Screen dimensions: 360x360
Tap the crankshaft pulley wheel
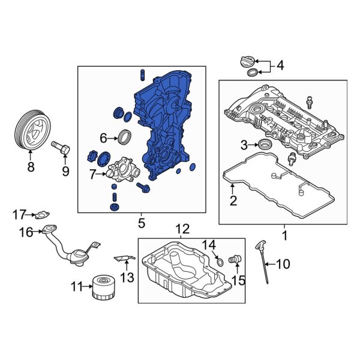33,131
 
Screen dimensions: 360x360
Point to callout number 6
103,138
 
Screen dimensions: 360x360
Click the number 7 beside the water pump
92,175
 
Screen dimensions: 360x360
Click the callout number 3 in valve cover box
244,144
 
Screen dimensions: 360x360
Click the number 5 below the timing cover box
142,224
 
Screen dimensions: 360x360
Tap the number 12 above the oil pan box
182,229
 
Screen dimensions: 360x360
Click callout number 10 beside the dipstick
283,263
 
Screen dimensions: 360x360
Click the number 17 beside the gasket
20,213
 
